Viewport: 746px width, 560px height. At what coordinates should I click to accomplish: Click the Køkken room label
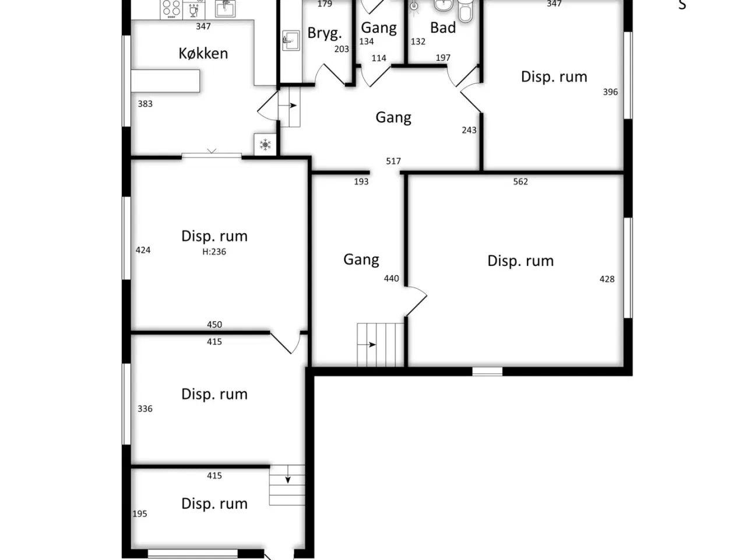pyautogui.click(x=203, y=54)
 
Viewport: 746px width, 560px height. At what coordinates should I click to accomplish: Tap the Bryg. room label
pyautogui.click(x=325, y=33)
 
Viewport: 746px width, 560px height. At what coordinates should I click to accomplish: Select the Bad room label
pyautogui.click(x=443, y=27)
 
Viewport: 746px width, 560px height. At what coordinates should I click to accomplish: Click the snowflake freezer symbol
pyautogui.click(x=265, y=145)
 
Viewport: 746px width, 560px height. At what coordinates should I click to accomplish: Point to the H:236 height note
pyautogui.click(x=214, y=251)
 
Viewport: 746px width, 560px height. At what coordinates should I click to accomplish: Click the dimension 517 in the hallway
pyautogui.click(x=393, y=161)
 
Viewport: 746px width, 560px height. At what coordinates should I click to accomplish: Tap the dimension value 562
pyautogui.click(x=520, y=181)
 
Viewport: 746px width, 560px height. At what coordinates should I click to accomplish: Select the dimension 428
pyautogui.click(x=607, y=279)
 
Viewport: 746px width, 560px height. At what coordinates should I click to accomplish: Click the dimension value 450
pyautogui.click(x=214, y=324)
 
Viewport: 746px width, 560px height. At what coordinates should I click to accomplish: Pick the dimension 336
pyautogui.click(x=145, y=409)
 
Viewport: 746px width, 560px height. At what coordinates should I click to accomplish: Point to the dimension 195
pyautogui.click(x=140, y=513)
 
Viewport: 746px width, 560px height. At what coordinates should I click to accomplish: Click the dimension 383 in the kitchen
pyautogui.click(x=145, y=104)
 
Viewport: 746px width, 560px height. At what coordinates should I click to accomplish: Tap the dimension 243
pyautogui.click(x=469, y=130)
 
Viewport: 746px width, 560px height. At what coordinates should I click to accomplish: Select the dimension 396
pyautogui.click(x=610, y=92)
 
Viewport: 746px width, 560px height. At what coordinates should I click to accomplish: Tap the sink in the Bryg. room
pyautogui.click(x=291, y=40)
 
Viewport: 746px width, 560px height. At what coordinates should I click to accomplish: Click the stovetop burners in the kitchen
pyautogui.click(x=171, y=9)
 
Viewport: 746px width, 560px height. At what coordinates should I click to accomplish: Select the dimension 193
pyautogui.click(x=361, y=181)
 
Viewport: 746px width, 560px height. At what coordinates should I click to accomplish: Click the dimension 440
pyautogui.click(x=391, y=278)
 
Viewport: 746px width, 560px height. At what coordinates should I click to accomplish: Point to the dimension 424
pyautogui.click(x=143, y=250)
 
